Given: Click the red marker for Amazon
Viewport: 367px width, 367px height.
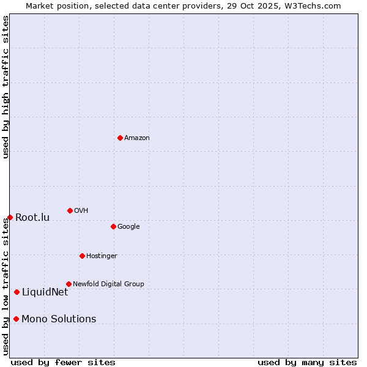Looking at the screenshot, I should [x=120, y=138].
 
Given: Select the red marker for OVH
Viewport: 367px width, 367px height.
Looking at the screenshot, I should [x=70, y=210].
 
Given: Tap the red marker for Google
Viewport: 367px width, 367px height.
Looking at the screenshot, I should [x=113, y=226].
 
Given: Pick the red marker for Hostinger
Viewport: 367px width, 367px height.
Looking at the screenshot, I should [x=82, y=256].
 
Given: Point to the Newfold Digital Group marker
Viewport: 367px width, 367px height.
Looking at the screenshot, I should [x=69, y=284].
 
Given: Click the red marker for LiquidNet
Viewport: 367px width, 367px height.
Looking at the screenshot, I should [x=17, y=292].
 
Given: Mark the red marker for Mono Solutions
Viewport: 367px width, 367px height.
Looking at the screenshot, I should [x=16, y=319].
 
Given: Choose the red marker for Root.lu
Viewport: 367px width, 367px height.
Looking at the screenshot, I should [x=10, y=217].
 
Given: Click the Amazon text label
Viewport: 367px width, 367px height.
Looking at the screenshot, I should [x=137, y=138].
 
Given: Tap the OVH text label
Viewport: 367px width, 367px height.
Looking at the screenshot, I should [x=81, y=211].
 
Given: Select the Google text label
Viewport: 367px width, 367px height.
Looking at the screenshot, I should [x=128, y=227].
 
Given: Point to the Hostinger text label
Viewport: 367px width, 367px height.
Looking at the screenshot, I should [x=102, y=256].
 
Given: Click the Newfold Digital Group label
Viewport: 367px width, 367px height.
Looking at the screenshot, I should [x=108, y=284].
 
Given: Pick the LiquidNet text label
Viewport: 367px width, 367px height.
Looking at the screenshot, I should [x=45, y=292].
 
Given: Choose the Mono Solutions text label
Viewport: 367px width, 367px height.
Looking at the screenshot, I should [x=59, y=319].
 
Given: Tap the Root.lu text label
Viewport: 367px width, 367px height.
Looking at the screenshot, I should [x=32, y=218].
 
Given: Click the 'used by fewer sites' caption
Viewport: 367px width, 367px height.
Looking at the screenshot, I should [x=63, y=363].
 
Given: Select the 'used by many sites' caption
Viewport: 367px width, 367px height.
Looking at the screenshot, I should [x=307, y=363].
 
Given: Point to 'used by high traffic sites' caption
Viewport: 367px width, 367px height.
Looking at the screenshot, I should [x=6, y=87].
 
